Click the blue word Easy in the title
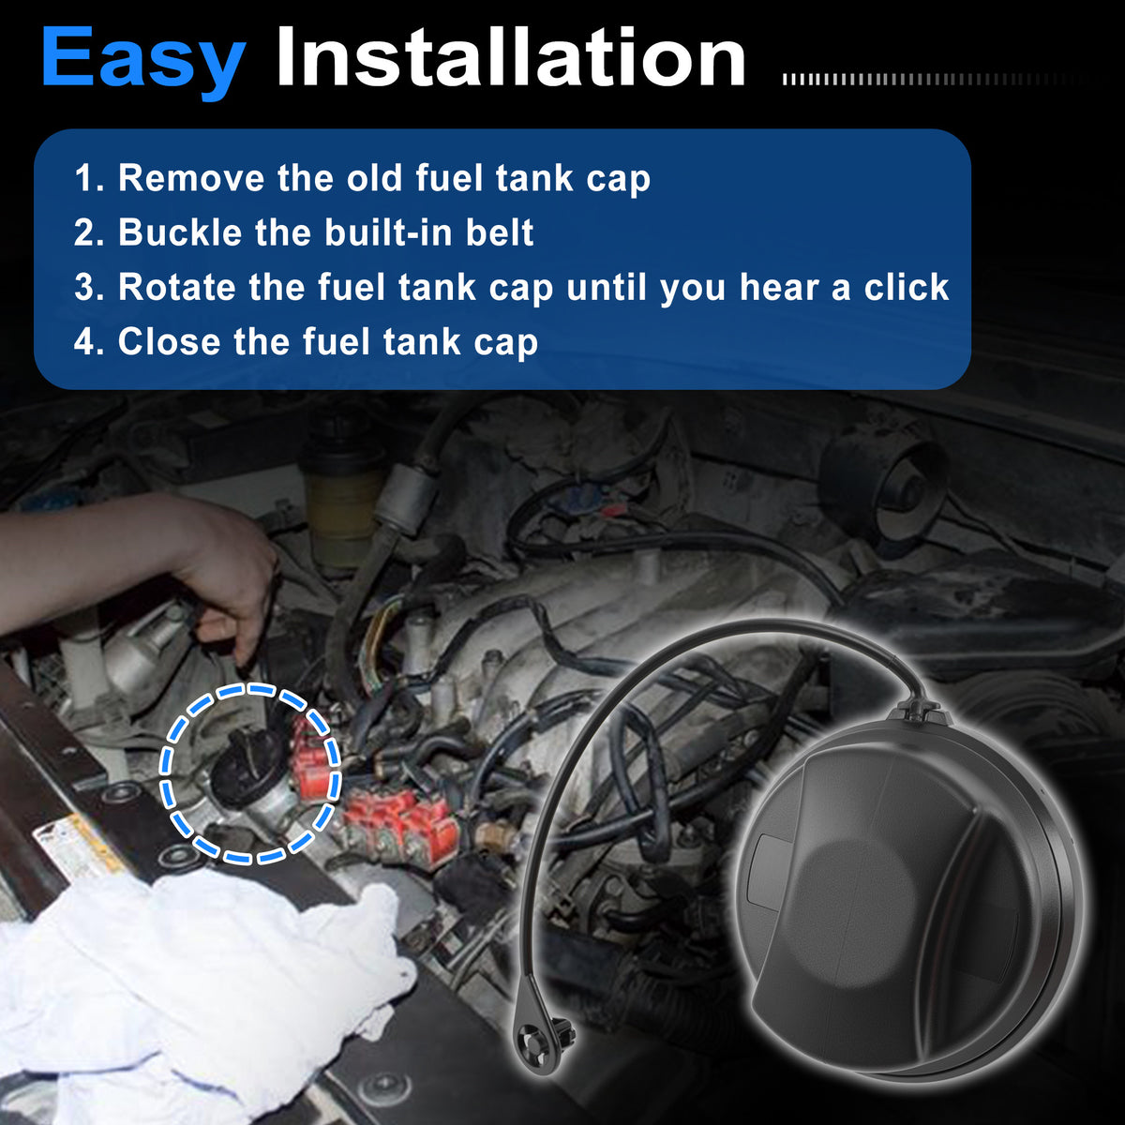click(143, 61)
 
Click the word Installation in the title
click(511, 56)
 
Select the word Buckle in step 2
click(180, 232)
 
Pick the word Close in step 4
click(169, 341)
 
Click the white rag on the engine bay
click(193, 993)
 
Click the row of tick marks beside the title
click(934, 80)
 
